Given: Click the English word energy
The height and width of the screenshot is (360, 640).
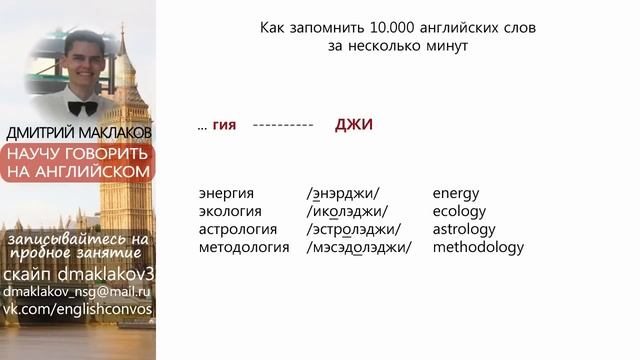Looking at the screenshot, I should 455,193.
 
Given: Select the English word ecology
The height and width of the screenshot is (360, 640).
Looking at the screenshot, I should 459,211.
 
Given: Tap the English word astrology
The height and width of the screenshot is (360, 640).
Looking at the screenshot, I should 463,229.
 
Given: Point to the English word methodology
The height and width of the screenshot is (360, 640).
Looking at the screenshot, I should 478,247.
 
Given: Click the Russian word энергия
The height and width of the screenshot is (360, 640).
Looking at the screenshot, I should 227,193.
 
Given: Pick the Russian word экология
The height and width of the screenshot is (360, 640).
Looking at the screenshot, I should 231,211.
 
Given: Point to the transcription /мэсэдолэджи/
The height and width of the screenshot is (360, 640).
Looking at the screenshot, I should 360,247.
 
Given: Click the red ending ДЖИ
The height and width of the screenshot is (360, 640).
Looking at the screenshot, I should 353,125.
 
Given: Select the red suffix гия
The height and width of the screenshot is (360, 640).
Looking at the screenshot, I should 224,126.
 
